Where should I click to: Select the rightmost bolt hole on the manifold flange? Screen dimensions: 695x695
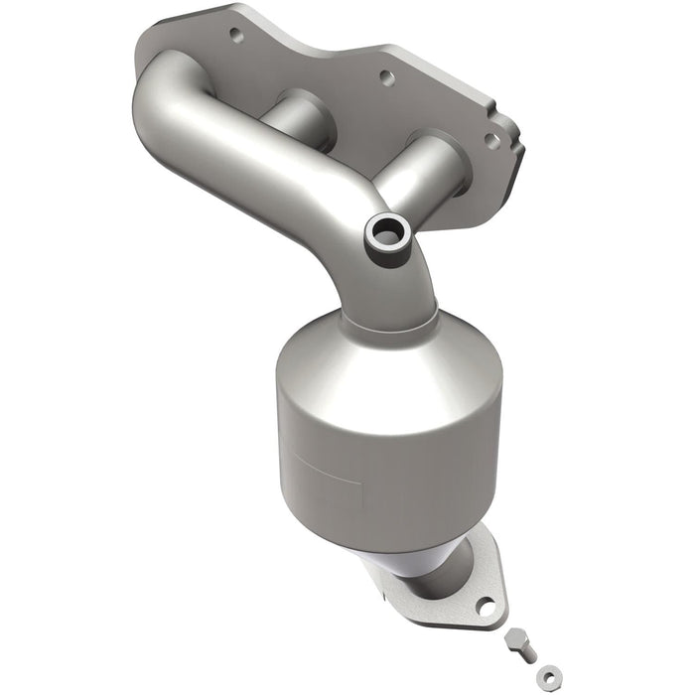(490, 141)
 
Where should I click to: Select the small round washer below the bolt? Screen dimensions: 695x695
(542, 680)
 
